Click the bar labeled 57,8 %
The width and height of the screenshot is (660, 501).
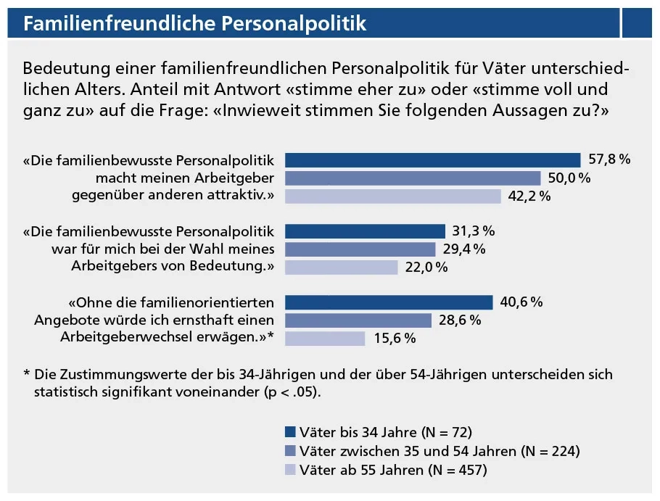[x=432, y=160]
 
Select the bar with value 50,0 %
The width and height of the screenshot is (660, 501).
[x=413, y=178]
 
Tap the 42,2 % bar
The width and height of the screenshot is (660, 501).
[x=392, y=196]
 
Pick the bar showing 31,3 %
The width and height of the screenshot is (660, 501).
[x=365, y=231]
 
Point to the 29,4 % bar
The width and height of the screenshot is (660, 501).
[x=360, y=249]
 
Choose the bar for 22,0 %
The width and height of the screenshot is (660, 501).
[x=342, y=268]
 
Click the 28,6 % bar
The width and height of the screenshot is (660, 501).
[x=358, y=320]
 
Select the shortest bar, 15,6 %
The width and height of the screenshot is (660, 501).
[x=325, y=339]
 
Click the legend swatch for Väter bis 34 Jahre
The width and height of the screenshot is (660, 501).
[x=290, y=433]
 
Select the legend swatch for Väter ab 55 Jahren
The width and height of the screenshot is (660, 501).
[x=290, y=469]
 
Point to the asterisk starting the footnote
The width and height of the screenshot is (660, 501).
[x=27, y=375]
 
